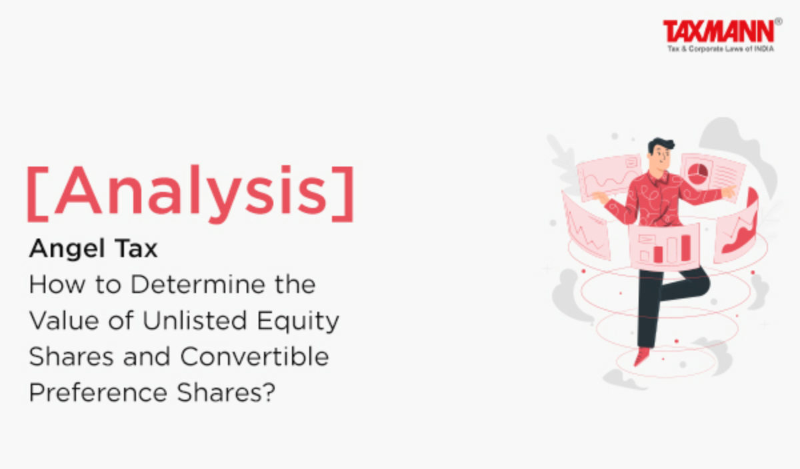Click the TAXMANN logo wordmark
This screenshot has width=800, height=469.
tap(719, 31)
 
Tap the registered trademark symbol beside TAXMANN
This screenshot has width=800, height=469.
tap(779, 21)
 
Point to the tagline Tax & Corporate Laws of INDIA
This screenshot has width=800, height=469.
tap(721, 49)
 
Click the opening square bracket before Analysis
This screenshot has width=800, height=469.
tap(37, 194)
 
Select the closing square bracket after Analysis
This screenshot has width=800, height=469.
tap(343, 194)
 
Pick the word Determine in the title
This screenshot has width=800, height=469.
tap(198, 284)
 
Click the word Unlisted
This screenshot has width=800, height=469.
tap(195, 320)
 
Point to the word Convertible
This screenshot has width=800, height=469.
tap(254, 356)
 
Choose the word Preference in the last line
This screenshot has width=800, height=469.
tap(98, 392)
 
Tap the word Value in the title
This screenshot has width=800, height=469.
tap(64, 320)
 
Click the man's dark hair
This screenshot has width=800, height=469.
tap(661, 145)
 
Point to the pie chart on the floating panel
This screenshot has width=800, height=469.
tap(697, 173)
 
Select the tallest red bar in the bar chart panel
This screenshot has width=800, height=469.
tap(685, 248)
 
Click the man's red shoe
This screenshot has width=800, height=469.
tap(642, 356)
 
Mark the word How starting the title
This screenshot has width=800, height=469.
tap(57, 284)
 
